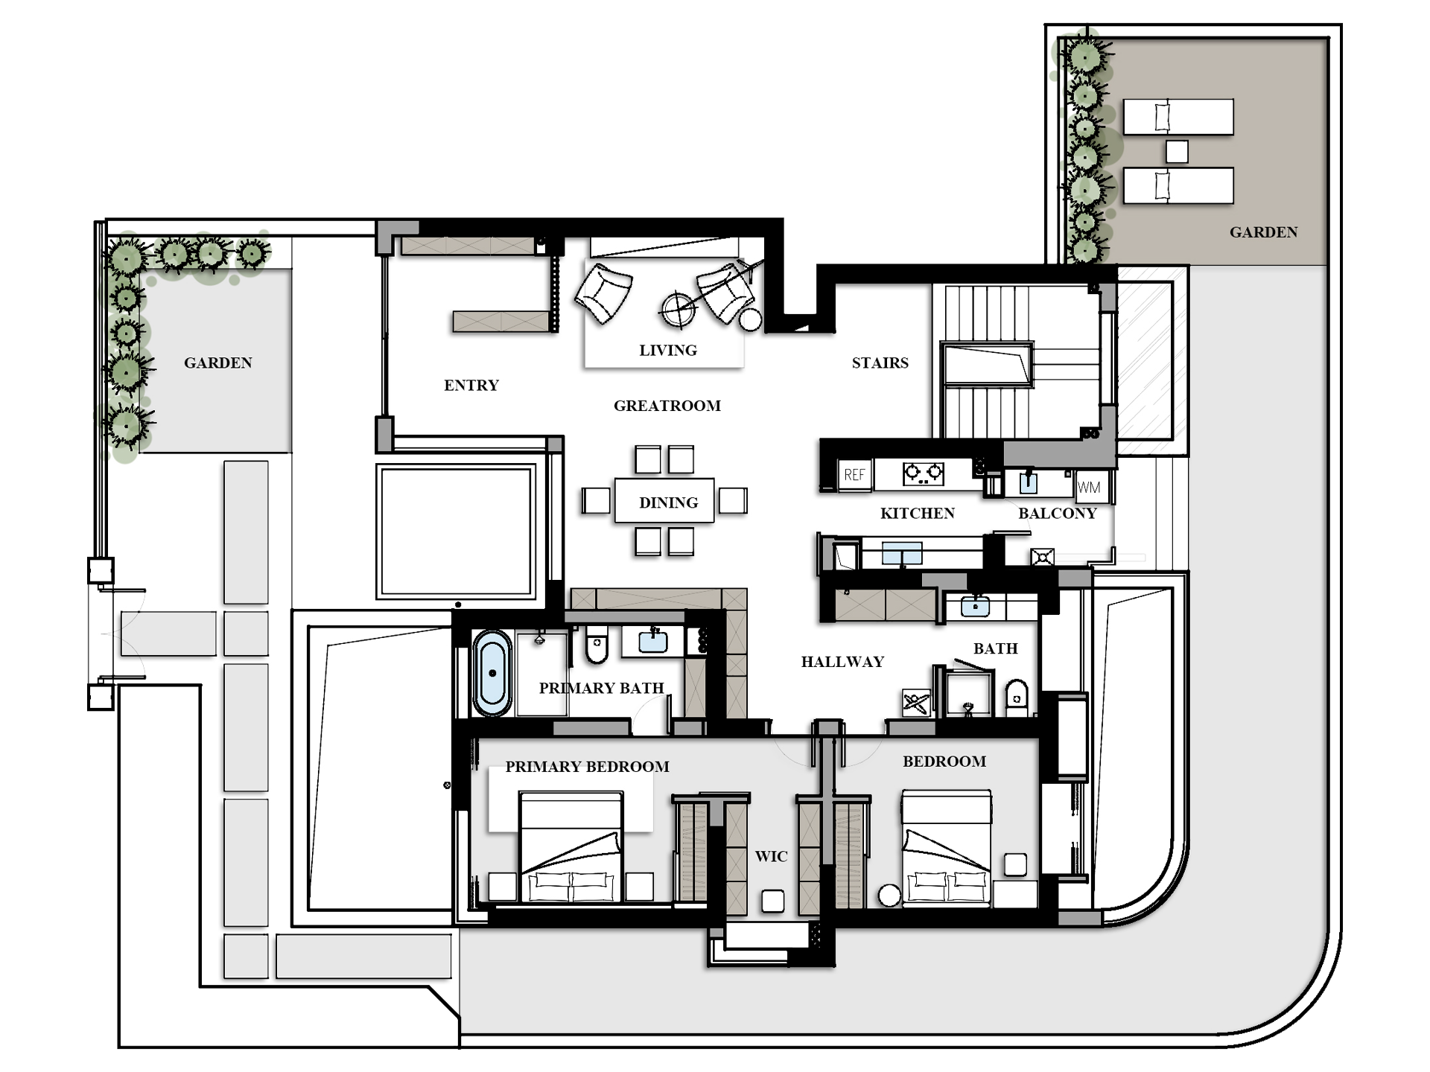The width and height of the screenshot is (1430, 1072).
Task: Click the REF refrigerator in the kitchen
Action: coord(855,474)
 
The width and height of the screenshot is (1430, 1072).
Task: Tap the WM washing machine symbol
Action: coord(1089,488)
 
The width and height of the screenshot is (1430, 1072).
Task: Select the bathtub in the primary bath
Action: coord(492,673)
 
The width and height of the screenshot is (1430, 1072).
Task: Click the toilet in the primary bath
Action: coord(597,644)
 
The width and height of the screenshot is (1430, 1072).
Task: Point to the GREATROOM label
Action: coord(667,406)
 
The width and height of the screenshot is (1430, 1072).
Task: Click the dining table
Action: coord(664,501)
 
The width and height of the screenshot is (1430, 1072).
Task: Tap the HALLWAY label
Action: coord(842,662)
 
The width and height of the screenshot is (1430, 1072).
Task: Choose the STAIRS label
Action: coord(880,363)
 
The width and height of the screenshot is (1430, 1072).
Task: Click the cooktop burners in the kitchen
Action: coord(924,473)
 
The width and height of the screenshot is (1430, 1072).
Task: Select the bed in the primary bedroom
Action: coord(571,847)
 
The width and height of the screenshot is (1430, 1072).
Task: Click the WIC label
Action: coord(771,856)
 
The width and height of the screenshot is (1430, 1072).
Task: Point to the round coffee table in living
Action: coord(679,309)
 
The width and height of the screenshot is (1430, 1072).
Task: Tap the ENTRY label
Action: coord(471,385)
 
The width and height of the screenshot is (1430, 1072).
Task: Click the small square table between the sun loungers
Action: coord(1177,151)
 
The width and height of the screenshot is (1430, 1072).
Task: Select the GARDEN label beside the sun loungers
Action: coord(1263,232)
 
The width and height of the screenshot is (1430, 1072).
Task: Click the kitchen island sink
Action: coord(902,553)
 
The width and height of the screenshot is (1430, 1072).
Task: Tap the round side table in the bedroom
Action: coord(889,896)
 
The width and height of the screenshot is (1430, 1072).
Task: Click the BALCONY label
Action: coord(1058,513)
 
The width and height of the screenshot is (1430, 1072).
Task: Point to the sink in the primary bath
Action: coord(652,641)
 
